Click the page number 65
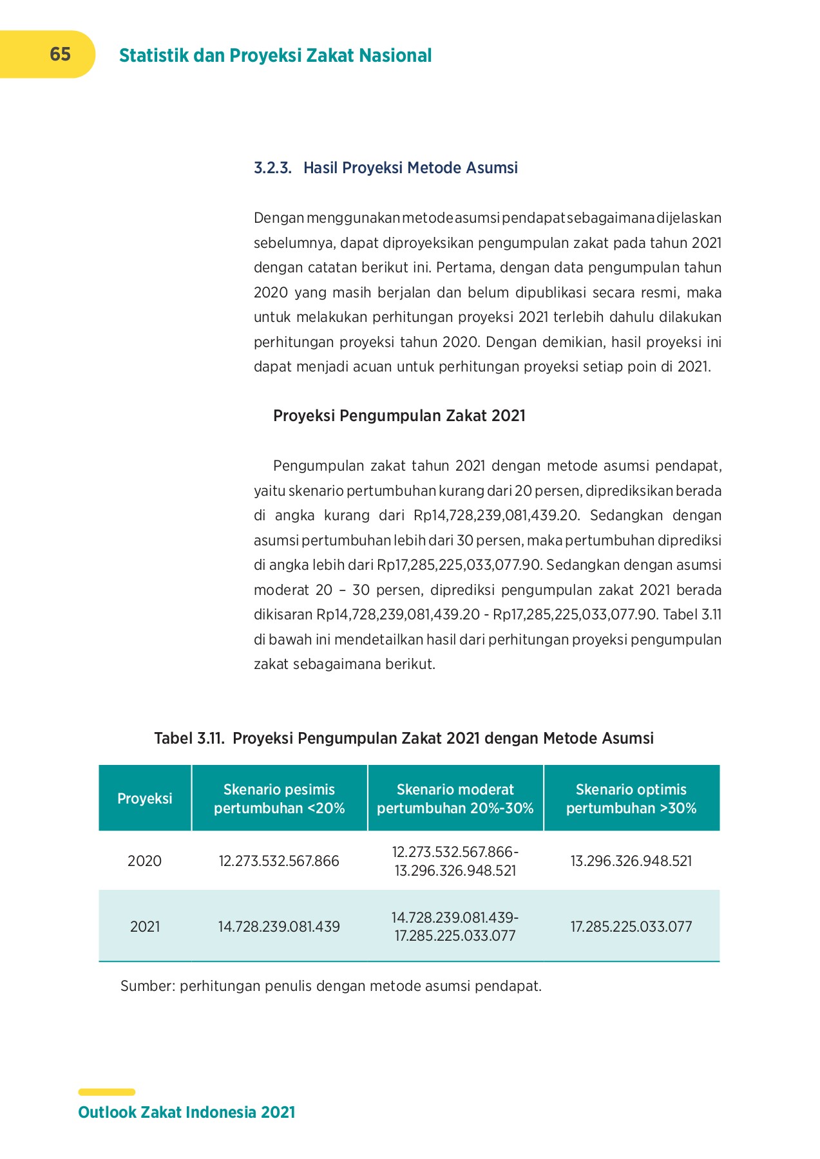click(x=60, y=54)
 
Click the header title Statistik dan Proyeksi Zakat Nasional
click(x=275, y=55)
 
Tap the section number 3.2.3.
click(x=272, y=168)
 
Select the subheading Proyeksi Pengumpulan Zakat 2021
click(x=399, y=415)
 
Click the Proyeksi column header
click(x=145, y=798)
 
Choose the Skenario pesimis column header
click(x=279, y=798)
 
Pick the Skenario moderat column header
click(x=455, y=798)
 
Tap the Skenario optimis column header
click(x=631, y=798)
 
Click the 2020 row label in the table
click(x=145, y=861)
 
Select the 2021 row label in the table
click(x=145, y=927)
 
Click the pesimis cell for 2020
click(x=279, y=861)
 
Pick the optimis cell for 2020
click(x=631, y=861)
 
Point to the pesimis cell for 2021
click(x=279, y=927)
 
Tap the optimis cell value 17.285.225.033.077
click(x=631, y=927)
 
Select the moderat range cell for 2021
click(x=455, y=927)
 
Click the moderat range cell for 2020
click(x=455, y=861)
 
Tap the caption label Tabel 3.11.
click(x=189, y=738)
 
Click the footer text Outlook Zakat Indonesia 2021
click(x=186, y=1112)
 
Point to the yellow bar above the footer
click(x=106, y=1092)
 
